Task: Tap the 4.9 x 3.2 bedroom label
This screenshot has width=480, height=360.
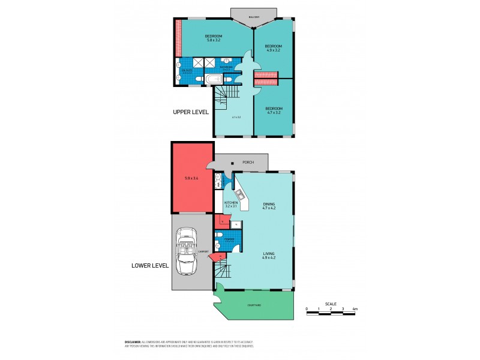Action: click(x=274, y=48)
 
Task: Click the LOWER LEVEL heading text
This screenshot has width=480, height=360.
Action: click(x=151, y=265)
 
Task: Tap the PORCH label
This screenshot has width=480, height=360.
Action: click(x=247, y=162)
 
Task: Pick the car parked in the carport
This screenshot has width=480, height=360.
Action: click(x=187, y=251)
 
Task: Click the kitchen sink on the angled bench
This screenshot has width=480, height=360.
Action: click(x=240, y=193)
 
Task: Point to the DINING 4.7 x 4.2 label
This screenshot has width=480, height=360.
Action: click(x=269, y=206)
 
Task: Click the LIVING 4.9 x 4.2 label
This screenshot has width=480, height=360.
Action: click(x=269, y=256)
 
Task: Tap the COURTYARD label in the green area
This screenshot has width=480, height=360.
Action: click(x=254, y=305)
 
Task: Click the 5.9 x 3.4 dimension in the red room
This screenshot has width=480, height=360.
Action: click(x=192, y=178)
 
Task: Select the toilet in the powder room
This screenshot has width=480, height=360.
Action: click(x=220, y=246)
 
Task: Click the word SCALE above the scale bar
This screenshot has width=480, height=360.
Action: click(x=331, y=303)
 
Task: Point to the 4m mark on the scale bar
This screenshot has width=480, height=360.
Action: click(x=355, y=309)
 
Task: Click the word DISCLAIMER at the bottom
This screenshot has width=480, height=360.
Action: click(x=133, y=341)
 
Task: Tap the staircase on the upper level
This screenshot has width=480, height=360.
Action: click(x=226, y=95)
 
